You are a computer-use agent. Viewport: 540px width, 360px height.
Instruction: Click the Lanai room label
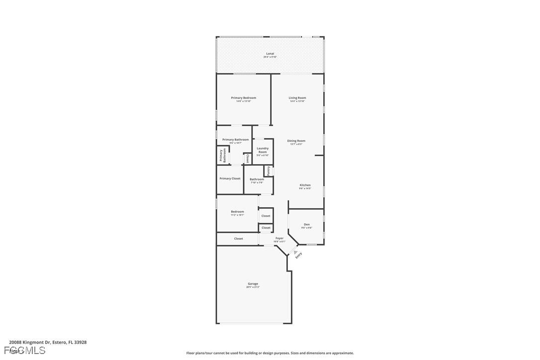click(x=270, y=54)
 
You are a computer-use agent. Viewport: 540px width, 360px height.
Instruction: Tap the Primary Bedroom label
click(x=244, y=98)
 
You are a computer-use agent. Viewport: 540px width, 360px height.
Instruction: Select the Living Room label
click(x=297, y=98)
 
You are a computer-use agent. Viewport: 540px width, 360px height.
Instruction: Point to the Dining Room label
click(x=296, y=141)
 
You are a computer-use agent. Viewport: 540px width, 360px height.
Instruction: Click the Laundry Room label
click(x=263, y=150)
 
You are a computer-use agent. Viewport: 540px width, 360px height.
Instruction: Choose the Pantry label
click(x=269, y=171)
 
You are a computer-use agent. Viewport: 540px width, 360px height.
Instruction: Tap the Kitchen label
click(x=305, y=185)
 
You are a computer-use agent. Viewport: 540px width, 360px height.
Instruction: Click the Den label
click(x=307, y=224)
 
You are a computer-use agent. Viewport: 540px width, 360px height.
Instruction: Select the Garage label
click(x=253, y=283)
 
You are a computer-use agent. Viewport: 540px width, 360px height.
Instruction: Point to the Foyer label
click(x=279, y=238)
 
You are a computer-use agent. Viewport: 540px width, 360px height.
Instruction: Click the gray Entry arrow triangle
click(x=296, y=252)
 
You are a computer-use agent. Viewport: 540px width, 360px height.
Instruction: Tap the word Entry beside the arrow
click(x=299, y=256)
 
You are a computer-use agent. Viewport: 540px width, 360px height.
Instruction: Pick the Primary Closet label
click(x=230, y=179)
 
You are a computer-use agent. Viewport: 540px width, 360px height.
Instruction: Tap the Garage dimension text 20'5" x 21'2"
click(x=253, y=287)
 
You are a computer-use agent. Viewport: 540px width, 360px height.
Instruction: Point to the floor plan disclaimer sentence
click(x=270, y=353)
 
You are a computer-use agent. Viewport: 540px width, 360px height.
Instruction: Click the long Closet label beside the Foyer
click(x=239, y=239)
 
